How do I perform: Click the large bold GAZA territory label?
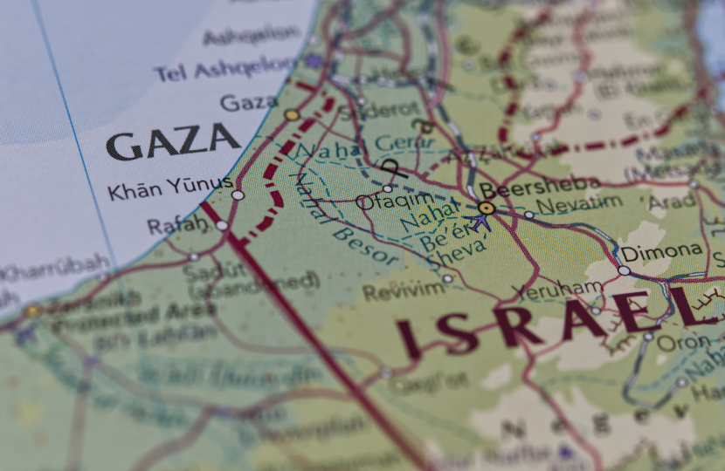pos(173,141)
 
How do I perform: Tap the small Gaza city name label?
pos(249,103)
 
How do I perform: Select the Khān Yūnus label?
pos(170,188)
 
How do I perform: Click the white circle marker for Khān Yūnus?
pos(238,195)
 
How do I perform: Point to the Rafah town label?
pos(177,226)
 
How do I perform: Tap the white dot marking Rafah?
pos(222,226)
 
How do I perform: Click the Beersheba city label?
pos(539,186)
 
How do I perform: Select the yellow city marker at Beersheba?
pos(487,208)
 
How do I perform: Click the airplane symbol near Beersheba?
pos(480,222)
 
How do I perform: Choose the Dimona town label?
pos(661,251)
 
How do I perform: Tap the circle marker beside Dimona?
pos(624,270)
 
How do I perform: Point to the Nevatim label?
pos(579,205)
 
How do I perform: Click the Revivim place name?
pos(404,291)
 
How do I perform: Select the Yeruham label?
pos(557,289)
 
